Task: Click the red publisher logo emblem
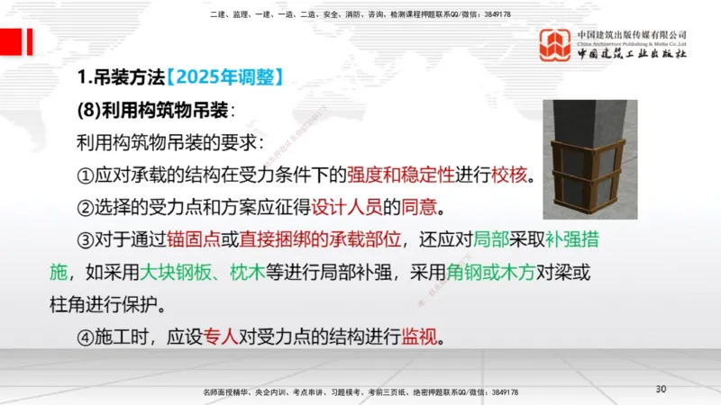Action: pos(555,45)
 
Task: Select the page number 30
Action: pos(661,389)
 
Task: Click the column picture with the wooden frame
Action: pos(589,159)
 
